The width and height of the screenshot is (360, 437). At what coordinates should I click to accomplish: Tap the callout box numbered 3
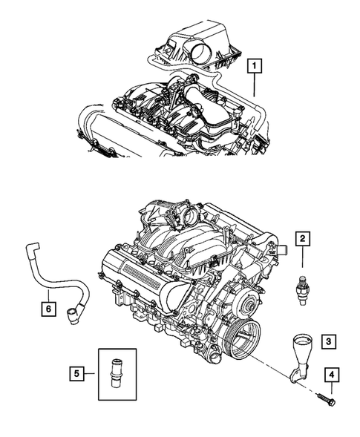coord(327,342)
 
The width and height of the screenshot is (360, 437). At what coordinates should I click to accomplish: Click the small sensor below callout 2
coord(302,285)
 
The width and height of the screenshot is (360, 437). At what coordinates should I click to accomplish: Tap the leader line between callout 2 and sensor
coord(302,259)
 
